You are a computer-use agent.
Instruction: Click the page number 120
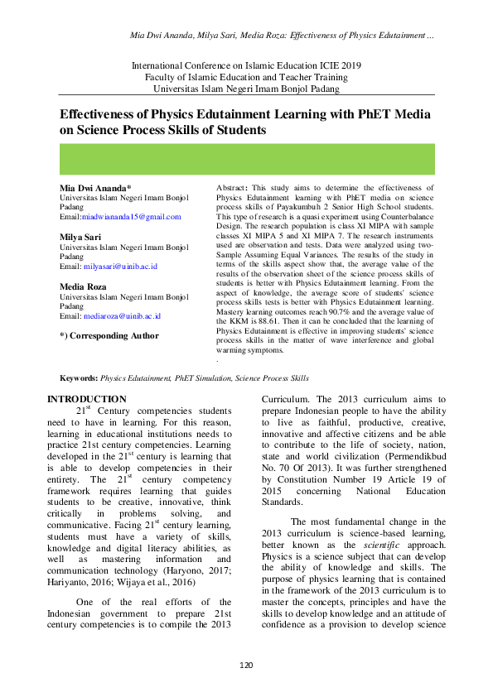(x=246, y=666)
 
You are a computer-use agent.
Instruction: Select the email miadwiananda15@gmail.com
(x=132, y=217)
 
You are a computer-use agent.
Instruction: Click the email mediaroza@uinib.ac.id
(x=123, y=315)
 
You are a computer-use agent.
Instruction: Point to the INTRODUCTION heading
(x=87, y=400)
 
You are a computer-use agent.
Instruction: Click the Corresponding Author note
(x=109, y=335)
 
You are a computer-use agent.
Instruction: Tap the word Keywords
(x=80, y=377)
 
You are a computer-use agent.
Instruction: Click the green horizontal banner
(x=246, y=158)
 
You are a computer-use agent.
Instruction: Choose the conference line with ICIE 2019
(x=246, y=65)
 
